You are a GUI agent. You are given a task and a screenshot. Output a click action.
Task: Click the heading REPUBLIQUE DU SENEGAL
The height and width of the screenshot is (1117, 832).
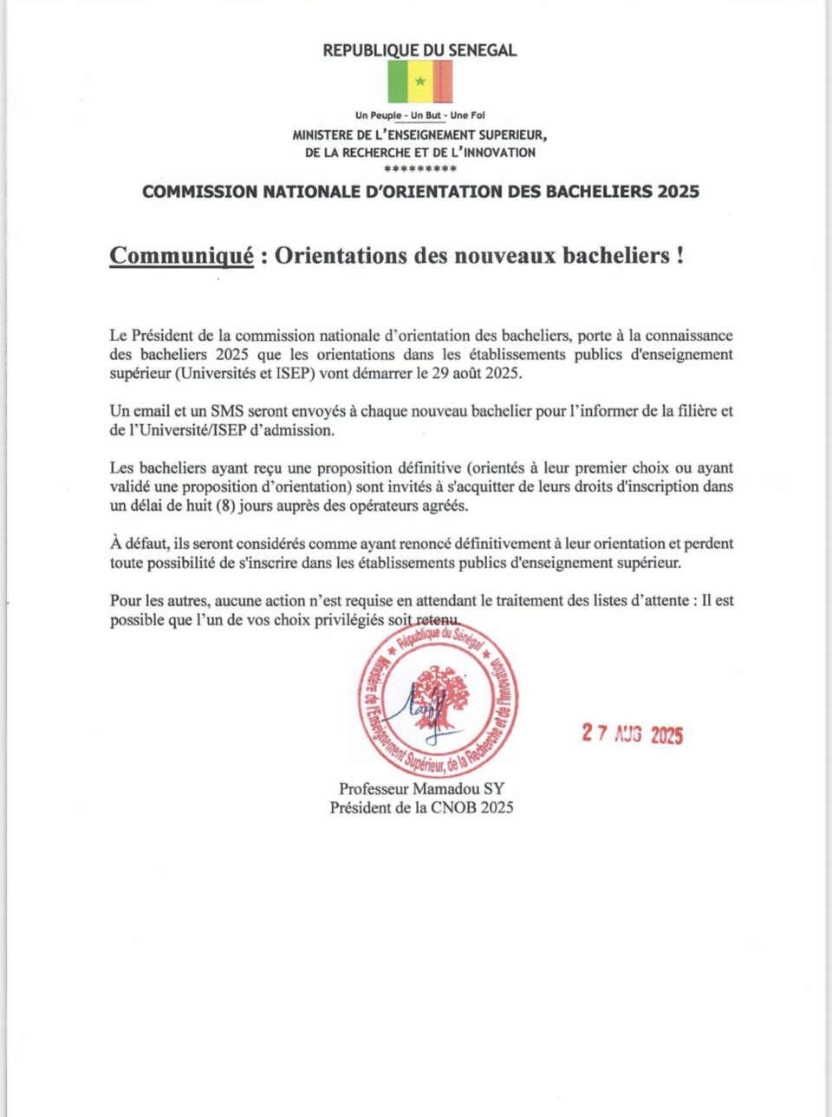tap(419, 50)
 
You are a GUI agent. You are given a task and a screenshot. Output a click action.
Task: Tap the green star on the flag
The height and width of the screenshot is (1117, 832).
tap(420, 82)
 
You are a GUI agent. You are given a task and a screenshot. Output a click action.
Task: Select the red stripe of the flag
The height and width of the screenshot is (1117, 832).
tap(442, 82)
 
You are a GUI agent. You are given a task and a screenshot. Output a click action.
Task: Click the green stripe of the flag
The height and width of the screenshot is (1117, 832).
tap(398, 82)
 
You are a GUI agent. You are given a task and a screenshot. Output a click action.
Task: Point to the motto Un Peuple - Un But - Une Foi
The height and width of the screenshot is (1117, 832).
tap(419, 115)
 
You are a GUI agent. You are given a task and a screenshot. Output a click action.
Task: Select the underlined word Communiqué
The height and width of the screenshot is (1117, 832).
tap(182, 256)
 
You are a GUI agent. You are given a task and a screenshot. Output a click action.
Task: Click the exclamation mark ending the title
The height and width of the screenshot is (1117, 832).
tap(679, 256)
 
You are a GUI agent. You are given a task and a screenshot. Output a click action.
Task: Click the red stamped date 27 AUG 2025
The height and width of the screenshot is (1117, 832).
tap(633, 735)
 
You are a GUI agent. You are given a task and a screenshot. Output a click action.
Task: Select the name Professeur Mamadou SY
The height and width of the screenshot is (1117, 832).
tap(421, 789)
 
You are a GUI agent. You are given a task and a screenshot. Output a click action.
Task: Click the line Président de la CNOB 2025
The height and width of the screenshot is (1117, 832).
tap(421, 807)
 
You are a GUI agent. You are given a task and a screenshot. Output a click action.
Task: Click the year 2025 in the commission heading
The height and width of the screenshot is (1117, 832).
tap(678, 192)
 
